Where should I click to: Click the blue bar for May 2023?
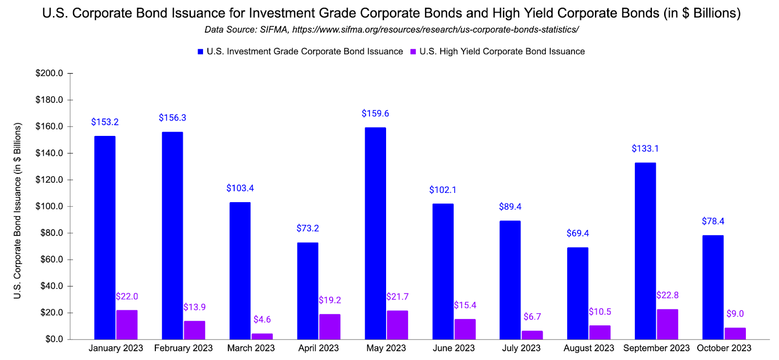click(x=375, y=233)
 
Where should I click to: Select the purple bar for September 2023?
click(x=668, y=324)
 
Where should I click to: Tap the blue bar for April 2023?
click(x=308, y=291)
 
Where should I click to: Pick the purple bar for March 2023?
click(x=262, y=336)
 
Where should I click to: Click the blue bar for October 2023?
click(x=713, y=287)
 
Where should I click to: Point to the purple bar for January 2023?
click(x=127, y=324)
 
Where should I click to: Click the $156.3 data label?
click(x=172, y=118)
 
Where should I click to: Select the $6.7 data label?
click(x=532, y=317)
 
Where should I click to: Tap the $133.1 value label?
click(x=645, y=149)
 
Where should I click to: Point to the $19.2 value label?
click(x=330, y=300)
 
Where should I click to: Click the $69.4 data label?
click(x=577, y=233)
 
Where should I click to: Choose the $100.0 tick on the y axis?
click(x=49, y=206)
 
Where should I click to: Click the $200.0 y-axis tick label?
click(x=49, y=73)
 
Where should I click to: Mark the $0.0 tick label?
click(x=54, y=339)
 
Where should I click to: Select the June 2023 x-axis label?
click(x=453, y=348)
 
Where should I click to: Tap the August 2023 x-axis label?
click(x=589, y=348)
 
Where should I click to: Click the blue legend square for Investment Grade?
click(x=200, y=52)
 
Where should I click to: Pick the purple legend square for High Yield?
click(x=413, y=52)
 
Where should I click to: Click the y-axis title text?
click(x=18, y=210)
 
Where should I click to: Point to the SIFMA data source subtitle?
click(x=391, y=30)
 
